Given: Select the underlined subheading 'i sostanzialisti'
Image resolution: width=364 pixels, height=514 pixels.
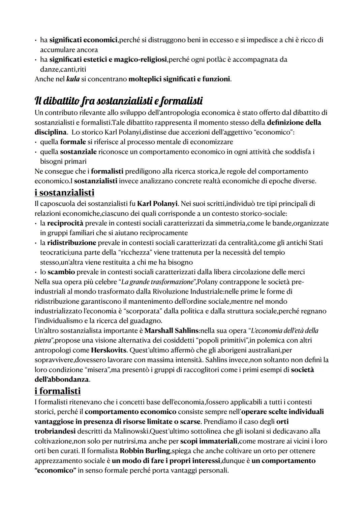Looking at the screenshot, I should (64, 193).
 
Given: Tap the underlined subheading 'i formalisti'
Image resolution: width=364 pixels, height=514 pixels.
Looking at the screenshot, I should (58, 391).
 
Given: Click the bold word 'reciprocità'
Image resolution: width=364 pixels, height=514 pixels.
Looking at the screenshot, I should (65, 223).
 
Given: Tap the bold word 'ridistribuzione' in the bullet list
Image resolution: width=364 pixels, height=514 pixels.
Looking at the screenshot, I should (71, 243).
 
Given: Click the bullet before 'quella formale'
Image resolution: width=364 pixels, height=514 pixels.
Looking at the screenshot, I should (36, 142).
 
